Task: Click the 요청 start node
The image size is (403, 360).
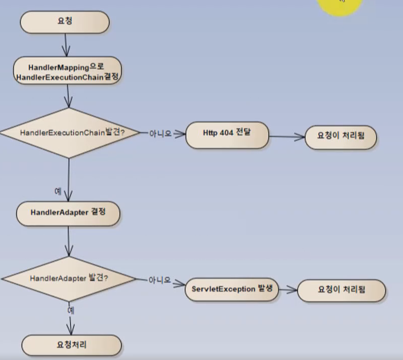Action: click(x=65, y=22)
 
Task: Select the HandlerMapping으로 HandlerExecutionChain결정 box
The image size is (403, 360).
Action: click(x=67, y=70)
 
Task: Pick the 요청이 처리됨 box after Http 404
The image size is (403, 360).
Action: click(x=340, y=136)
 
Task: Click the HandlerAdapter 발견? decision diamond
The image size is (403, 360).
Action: click(x=68, y=278)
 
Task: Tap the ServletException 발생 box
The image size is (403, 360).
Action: click(x=232, y=289)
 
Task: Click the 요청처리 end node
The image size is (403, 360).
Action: click(x=71, y=345)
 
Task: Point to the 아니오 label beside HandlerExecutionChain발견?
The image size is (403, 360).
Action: click(x=160, y=134)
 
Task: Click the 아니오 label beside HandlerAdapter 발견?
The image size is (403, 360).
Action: click(x=159, y=280)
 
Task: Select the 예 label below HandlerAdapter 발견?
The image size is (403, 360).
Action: click(x=70, y=308)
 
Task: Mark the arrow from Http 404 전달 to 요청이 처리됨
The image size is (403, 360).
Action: click(x=287, y=136)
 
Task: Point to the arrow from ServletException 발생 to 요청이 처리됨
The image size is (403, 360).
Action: click(x=288, y=290)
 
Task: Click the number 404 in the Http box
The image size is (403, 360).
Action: click(x=225, y=133)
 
